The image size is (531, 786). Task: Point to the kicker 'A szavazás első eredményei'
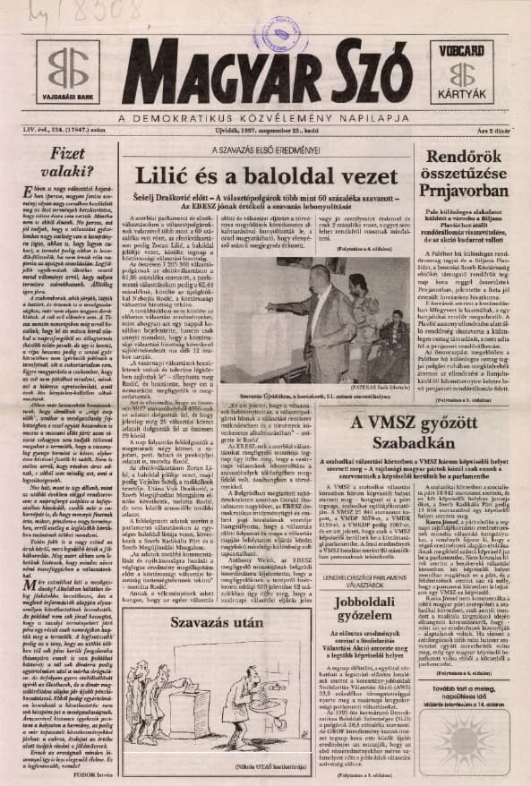265,150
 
